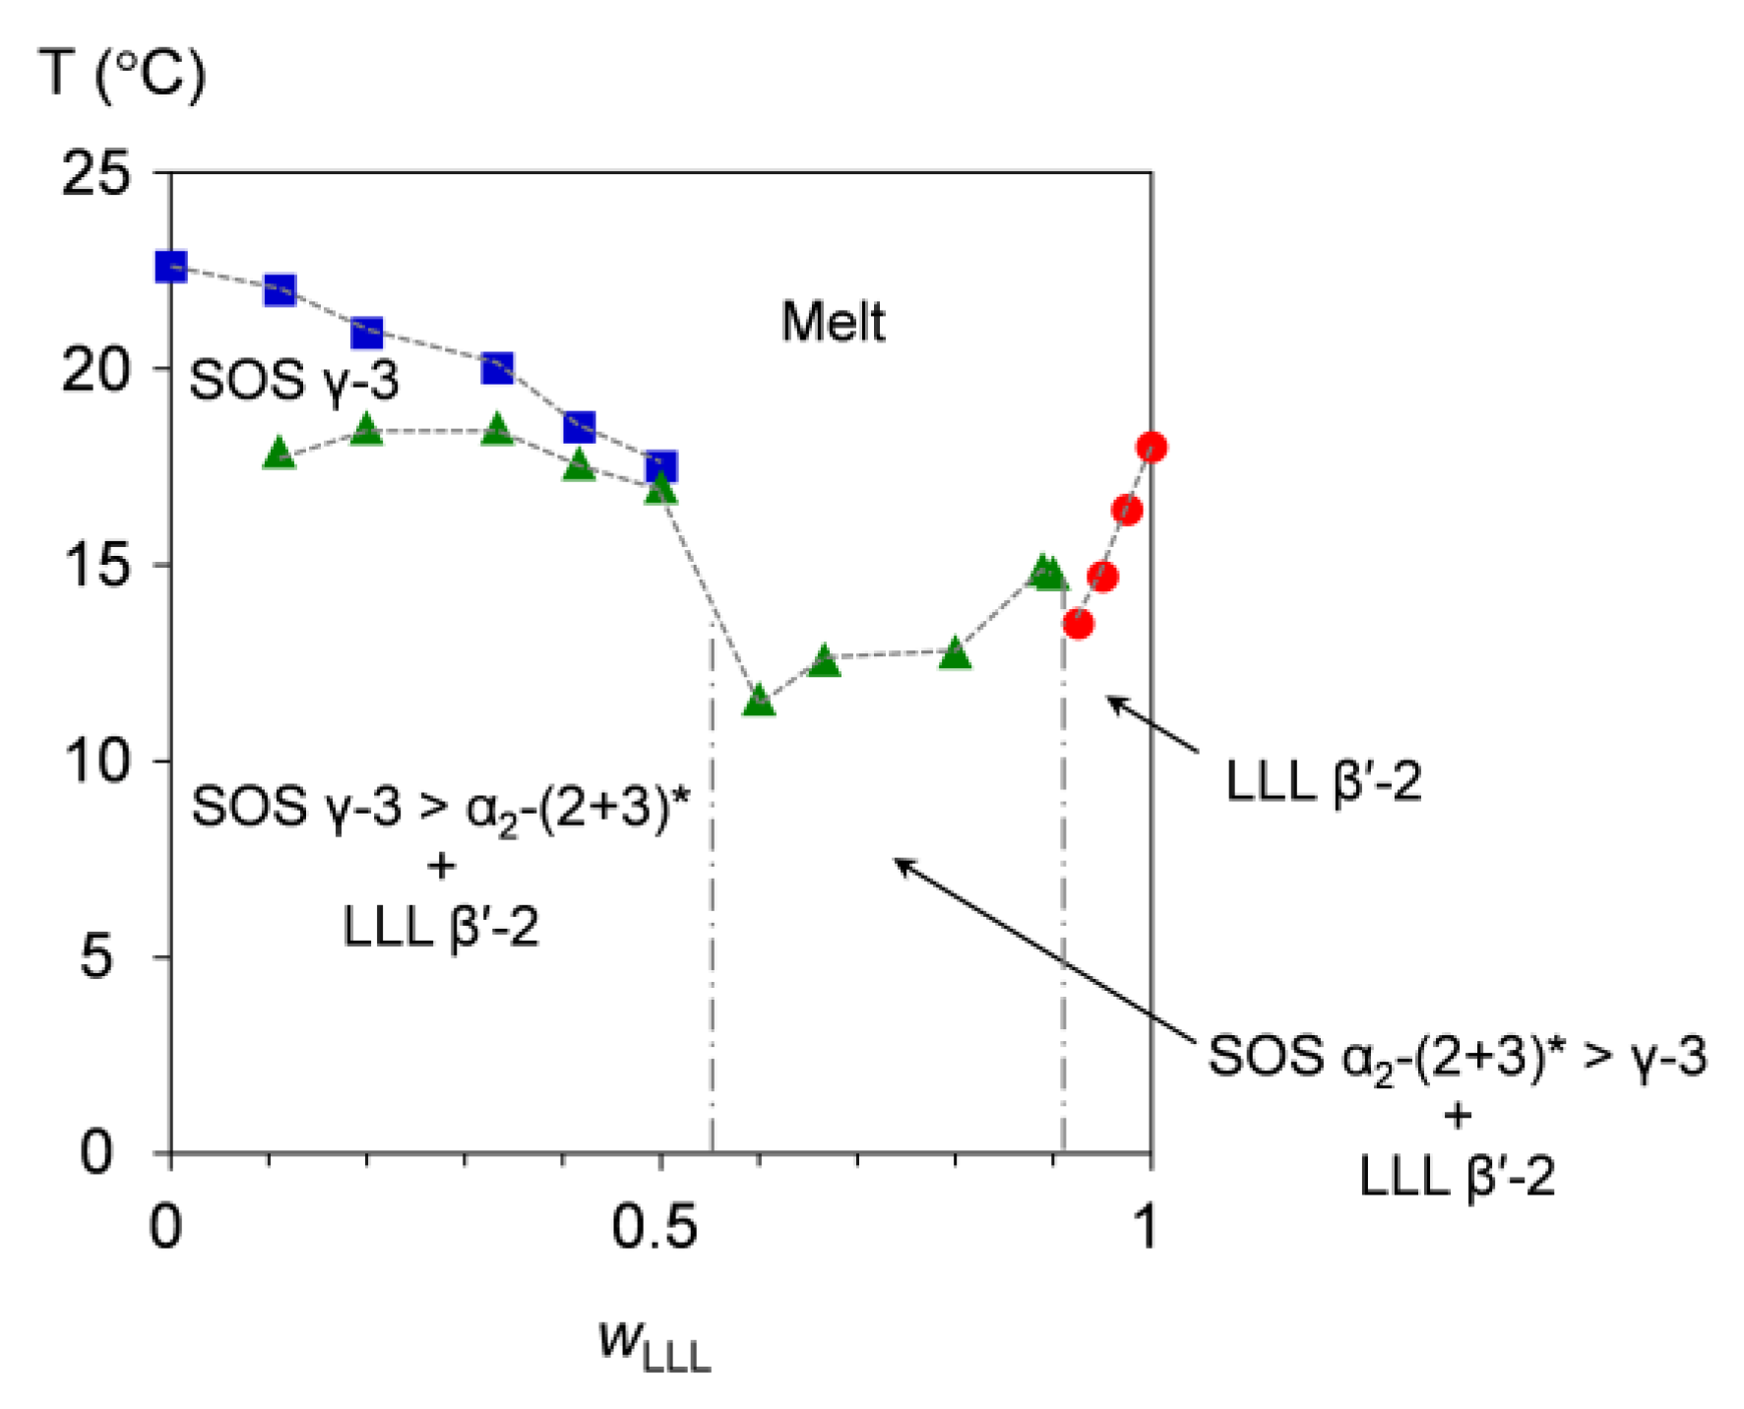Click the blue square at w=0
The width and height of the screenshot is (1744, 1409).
click(171, 267)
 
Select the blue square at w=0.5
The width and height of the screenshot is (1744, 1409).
click(661, 466)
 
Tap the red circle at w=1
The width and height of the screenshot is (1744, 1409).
click(1152, 448)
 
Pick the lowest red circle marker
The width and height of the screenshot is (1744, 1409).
click(1079, 624)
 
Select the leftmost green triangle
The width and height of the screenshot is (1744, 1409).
click(280, 454)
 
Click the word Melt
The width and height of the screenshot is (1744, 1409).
click(833, 322)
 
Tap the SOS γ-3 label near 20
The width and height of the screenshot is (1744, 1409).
click(293, 380)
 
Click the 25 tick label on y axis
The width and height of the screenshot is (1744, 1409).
click(95, 174)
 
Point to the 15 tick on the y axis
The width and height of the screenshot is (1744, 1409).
click(95, 566)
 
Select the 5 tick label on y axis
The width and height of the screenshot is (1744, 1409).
click(95, 956)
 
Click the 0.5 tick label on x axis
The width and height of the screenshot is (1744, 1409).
click(654, 1227)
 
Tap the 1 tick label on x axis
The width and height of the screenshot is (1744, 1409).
click(1146, 1227)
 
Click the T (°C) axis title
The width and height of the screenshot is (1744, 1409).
click(123, 74)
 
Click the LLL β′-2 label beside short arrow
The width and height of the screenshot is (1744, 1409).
click(1323, 783)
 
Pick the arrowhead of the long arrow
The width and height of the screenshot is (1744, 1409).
click(899, 862)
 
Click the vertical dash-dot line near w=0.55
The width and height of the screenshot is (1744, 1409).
click(712, 886)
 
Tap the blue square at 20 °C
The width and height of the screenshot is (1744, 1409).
click(498, 368)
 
